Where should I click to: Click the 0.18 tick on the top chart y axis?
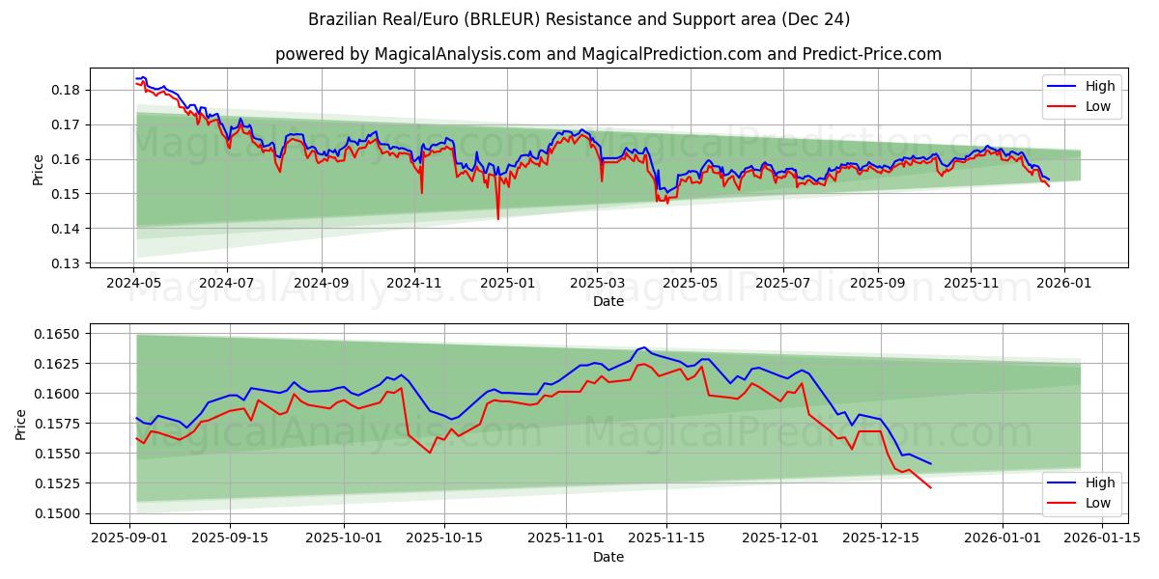(70, 90)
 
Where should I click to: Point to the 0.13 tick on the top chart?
(70, 263)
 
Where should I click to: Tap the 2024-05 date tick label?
(133, 283)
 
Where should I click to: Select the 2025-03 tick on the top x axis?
(597, 283)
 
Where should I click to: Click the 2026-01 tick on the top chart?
(1063, 283)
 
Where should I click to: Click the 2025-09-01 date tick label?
(130, 538)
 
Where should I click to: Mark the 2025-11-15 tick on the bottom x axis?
(664, 538)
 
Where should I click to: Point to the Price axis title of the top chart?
(39, 169)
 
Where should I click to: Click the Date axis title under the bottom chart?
(608, 557)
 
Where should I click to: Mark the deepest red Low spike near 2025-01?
(498, 219)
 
